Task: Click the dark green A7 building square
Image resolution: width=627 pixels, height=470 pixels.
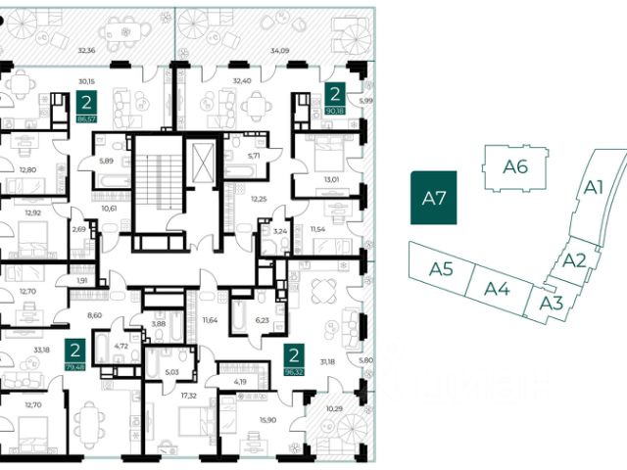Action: click(x=434, y=197)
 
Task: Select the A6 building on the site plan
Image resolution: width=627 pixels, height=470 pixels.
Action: click(x=515, y=166)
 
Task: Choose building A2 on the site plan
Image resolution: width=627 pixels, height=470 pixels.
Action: click(x=575, y=260)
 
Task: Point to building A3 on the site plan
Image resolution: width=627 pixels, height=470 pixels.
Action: click(x=551, y=302)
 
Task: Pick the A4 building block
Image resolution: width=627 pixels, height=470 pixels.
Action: click(x=498, y=289)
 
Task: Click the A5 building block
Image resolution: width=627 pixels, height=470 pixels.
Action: click(x=441, y=267)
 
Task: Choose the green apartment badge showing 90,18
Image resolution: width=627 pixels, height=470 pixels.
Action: click(x=335, y=99)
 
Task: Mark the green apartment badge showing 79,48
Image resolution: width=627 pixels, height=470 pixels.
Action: click(x=74, y=352)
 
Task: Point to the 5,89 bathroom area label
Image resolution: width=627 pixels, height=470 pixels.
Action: click(x=108, y=162)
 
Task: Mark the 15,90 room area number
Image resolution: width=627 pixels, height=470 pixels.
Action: click(x=266, y=419)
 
